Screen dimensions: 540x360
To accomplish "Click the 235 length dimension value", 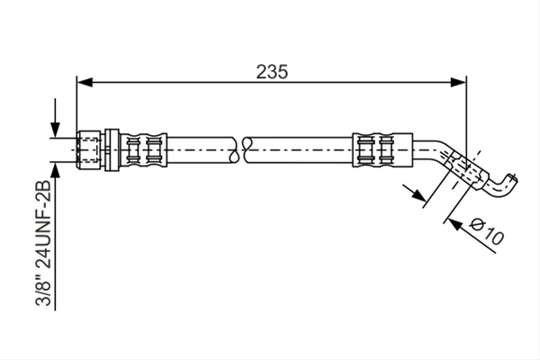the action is point(272,72).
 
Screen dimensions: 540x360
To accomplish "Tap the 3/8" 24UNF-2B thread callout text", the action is point(44,243).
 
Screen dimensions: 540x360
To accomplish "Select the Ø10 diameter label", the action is point(487,230).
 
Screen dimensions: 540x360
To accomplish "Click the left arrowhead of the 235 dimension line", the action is point(85,82).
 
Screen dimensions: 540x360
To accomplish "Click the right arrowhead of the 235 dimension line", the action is point(458,82).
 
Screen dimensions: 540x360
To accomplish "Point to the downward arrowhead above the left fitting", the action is point(55,130).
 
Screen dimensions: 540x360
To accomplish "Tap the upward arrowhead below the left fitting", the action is point(55,170).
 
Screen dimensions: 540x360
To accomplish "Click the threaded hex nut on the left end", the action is point(89,150).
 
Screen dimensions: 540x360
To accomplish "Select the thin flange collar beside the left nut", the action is point(112,150).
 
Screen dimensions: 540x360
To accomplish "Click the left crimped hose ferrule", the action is point(143,150).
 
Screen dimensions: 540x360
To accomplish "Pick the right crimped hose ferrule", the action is point(382,150).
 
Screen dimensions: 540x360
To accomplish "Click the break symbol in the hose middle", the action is point(240,150).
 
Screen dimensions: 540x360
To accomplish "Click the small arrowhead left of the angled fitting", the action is point(418,195).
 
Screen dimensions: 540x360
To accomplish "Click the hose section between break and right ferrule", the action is point(300,150).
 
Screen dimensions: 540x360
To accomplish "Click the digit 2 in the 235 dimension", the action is point(262,72).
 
